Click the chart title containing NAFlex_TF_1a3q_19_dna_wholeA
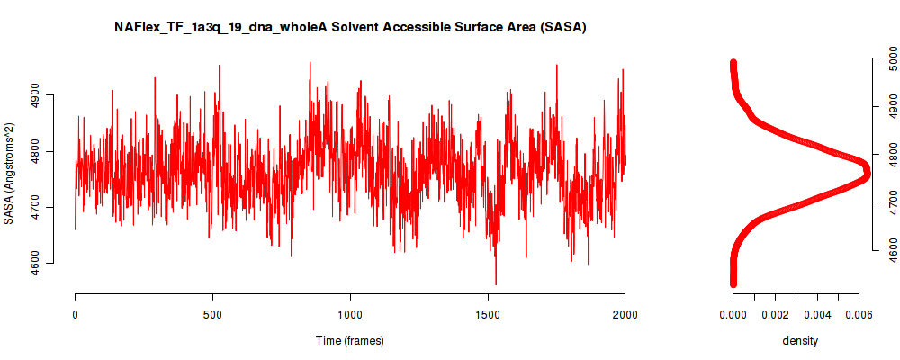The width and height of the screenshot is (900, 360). (x=350, y=28)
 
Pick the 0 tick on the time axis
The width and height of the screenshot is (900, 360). (x=76, y=315)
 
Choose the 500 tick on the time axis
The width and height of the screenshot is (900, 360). (x=212, y=315)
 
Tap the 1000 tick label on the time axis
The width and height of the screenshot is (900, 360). (x=349, y=315)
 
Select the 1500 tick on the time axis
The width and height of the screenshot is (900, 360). (x=487, y=315)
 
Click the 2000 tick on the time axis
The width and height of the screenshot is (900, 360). (x=625, y=315)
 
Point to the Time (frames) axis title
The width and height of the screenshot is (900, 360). (x=349, y=340)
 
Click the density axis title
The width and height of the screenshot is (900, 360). (x=800, y=340)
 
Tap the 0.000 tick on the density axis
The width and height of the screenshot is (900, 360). (x=733, y=315)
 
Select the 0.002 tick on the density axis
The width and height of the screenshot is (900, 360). (x=775, y=315)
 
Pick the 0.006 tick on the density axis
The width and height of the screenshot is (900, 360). (x=859, y=315)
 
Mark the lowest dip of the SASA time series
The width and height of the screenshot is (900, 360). (x=495, y=284)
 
